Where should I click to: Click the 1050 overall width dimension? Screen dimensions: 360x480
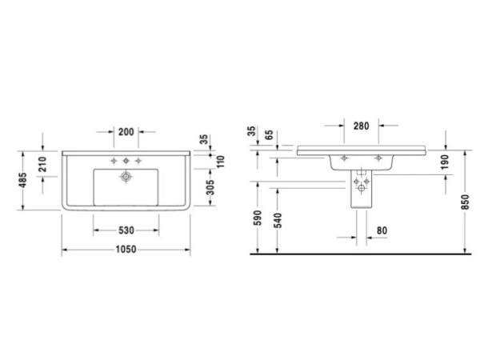click(126, 248)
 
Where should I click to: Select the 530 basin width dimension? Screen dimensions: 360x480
click(126, 230)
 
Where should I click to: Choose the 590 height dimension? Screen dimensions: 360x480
click(256, 218)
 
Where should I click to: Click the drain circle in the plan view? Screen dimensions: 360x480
click(126, 175)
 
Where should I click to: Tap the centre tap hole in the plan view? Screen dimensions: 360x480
click(126, 162)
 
